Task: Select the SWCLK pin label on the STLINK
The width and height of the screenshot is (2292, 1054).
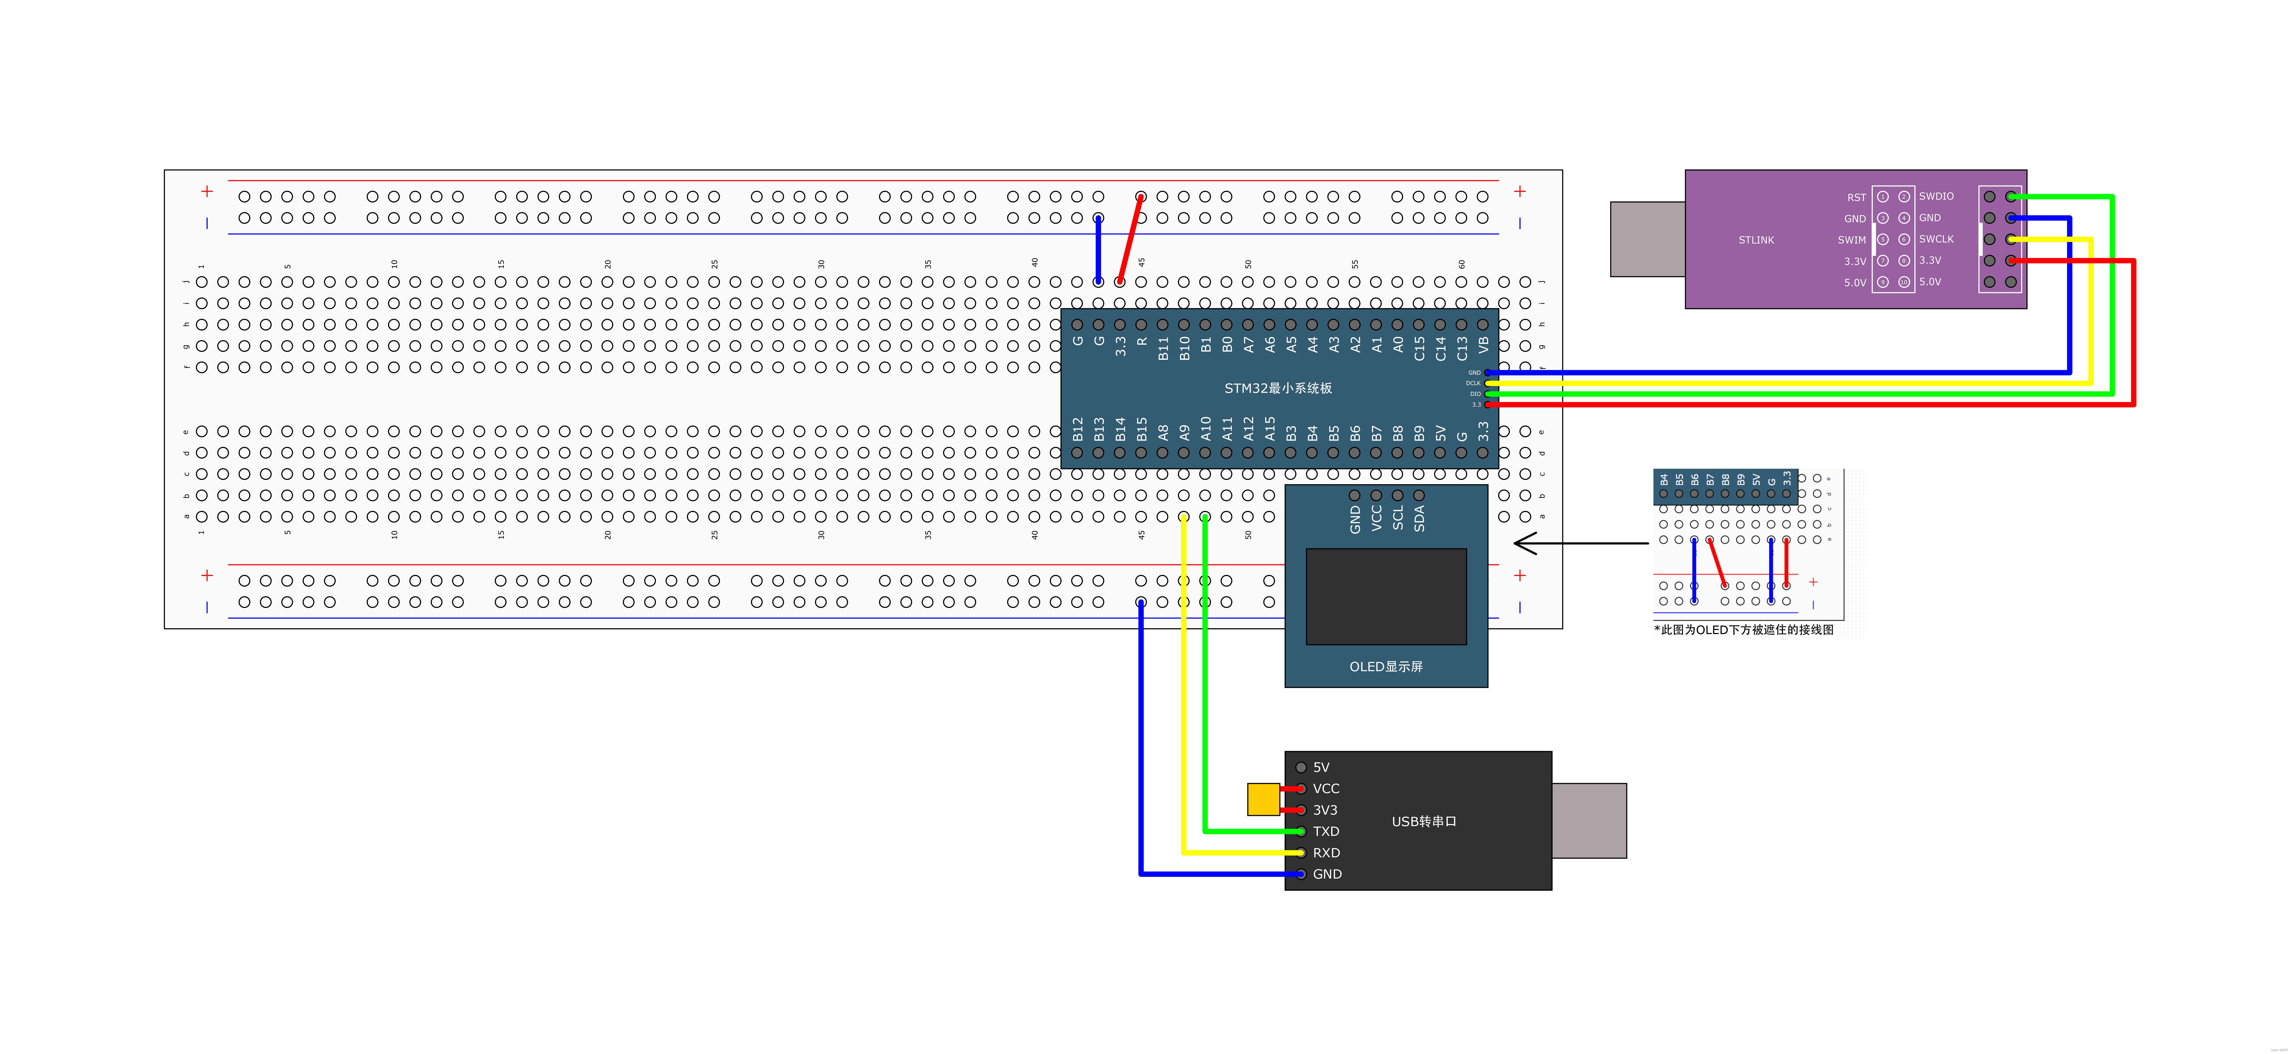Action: coord(1936,239)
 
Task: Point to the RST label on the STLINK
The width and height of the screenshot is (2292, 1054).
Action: coord(1856,197)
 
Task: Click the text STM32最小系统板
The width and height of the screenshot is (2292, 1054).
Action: coord(1278,388)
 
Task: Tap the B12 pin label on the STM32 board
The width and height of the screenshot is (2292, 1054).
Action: coord(1078,430)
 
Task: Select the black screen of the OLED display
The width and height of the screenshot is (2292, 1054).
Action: coord(1385,596)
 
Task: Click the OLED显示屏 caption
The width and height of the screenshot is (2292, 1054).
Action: coord(1385,666)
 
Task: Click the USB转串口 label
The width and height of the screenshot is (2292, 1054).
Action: coord(1424,821)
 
